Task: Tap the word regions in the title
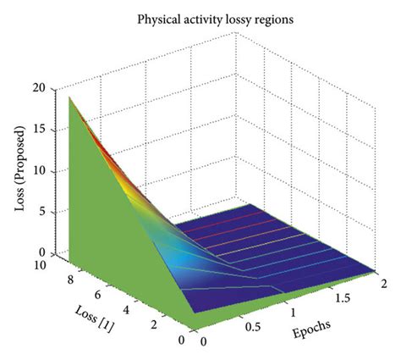tap(264, 15)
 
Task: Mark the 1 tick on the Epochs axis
tap(294, 313)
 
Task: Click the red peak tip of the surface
tap(69, 97)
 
